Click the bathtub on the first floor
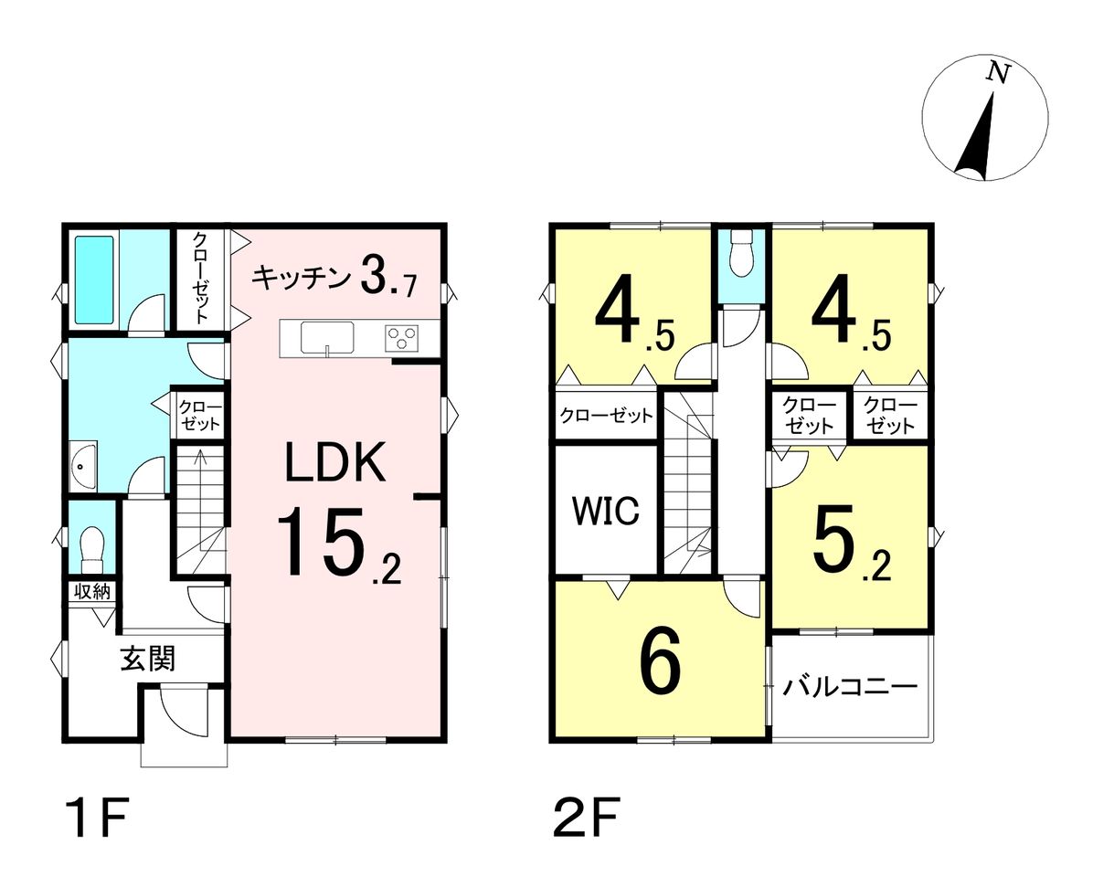coord(94,280)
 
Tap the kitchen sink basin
coord(327,337)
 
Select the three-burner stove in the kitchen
coord(402,338)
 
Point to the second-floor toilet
coord(741,252)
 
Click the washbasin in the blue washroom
coord(83,466)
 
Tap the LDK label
coord(336,462)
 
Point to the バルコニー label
coord(850,687)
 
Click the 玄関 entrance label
coord(148,659)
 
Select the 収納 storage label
coord(92,591)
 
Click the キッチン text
coord(302,278)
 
